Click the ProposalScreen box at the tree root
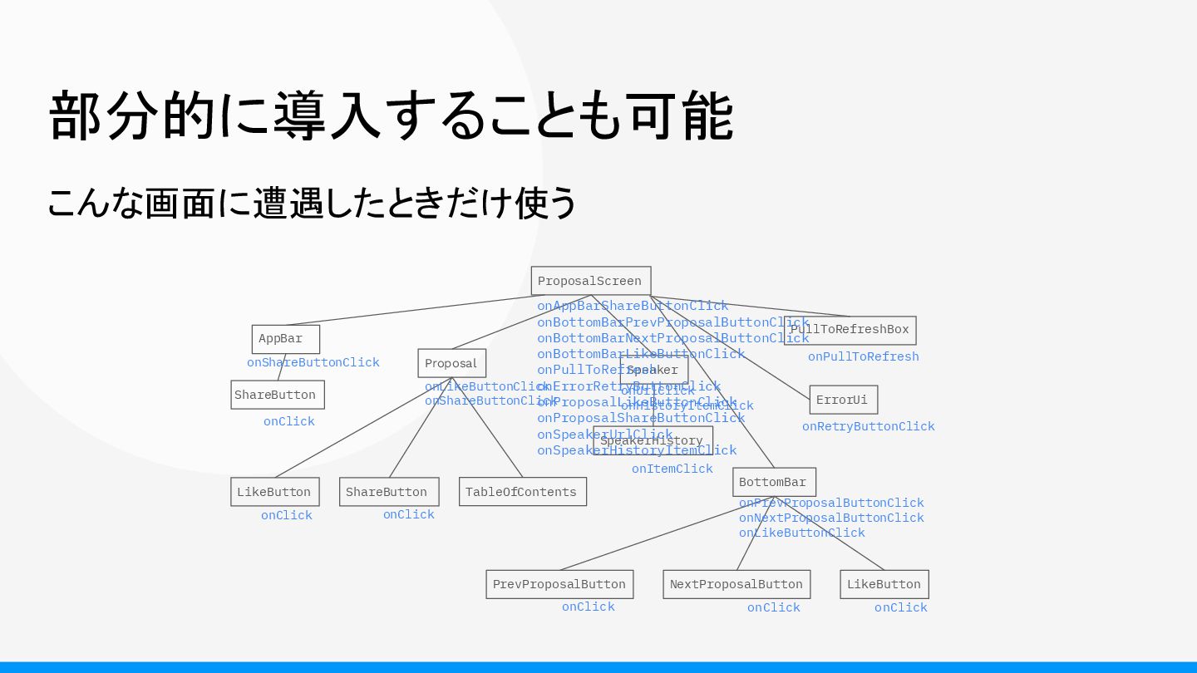coord(590,281)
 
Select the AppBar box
coord(285,339)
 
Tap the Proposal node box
coord(451,363)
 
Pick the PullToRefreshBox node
coord(850,330)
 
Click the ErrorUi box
coord(843,400)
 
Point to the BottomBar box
coord(773,482)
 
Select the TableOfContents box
coord(522,492)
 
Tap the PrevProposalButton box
coord(559,584)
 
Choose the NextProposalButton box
coord(736,584)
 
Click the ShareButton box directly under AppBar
coord(277,395)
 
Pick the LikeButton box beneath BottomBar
coord(884,584)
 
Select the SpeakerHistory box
coord(653,441)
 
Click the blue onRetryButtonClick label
coord(868,426)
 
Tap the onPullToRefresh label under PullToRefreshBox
coord(863,356)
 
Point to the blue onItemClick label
coord(672,469)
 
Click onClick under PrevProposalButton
coord(588,607)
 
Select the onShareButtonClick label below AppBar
coord(313,362)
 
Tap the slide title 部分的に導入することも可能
coord(391,116)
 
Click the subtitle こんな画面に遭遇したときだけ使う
coord(312,203)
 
